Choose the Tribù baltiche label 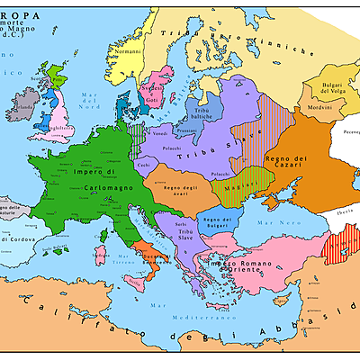(x=206, y=112)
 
